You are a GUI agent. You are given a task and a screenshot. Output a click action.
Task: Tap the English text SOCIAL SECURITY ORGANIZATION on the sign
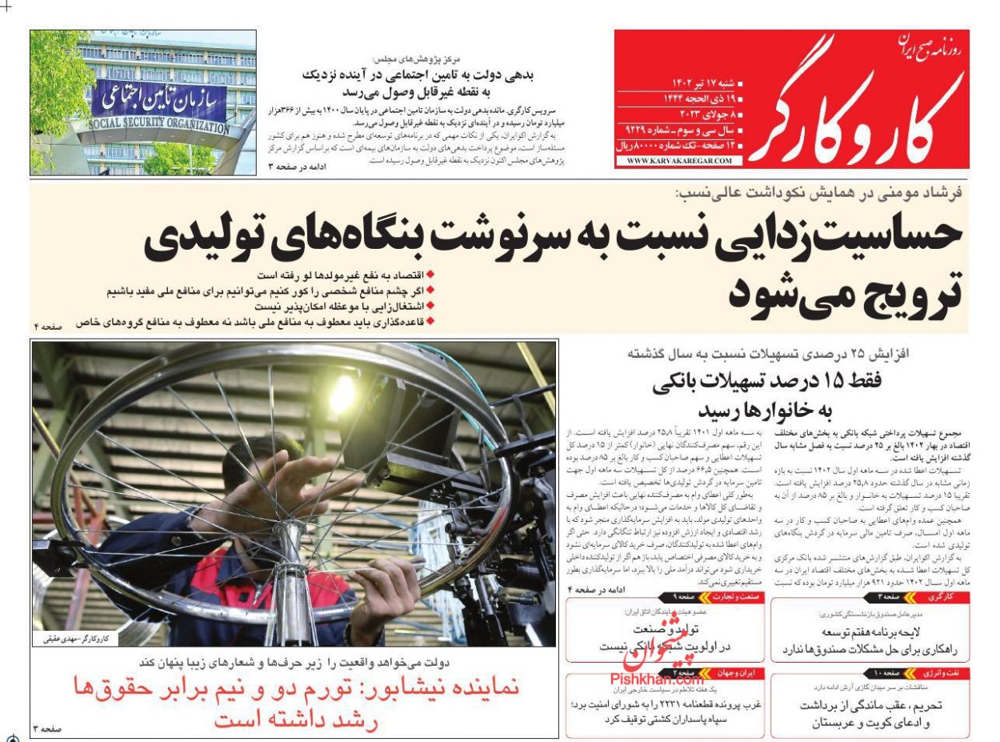coord(158,126)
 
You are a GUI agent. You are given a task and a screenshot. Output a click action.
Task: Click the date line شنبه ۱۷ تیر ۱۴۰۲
coord(694,83)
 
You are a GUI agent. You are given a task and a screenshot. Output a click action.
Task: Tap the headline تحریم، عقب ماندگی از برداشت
coord(872,705)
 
